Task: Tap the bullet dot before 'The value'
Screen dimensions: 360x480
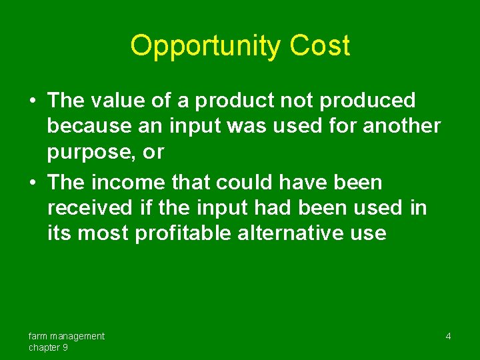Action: coord(33,101)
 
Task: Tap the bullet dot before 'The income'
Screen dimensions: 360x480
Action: coord(33,183)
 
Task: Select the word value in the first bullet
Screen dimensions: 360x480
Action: coord(115,101)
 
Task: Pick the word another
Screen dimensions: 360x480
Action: coord(402,127)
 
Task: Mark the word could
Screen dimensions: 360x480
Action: coord(235,182)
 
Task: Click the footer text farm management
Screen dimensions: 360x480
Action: coord(66,336)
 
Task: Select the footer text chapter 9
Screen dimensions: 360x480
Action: coord(48,347)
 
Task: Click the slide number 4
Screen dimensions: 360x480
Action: coord(448,337)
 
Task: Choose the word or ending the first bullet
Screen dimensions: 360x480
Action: coord(153,153)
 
